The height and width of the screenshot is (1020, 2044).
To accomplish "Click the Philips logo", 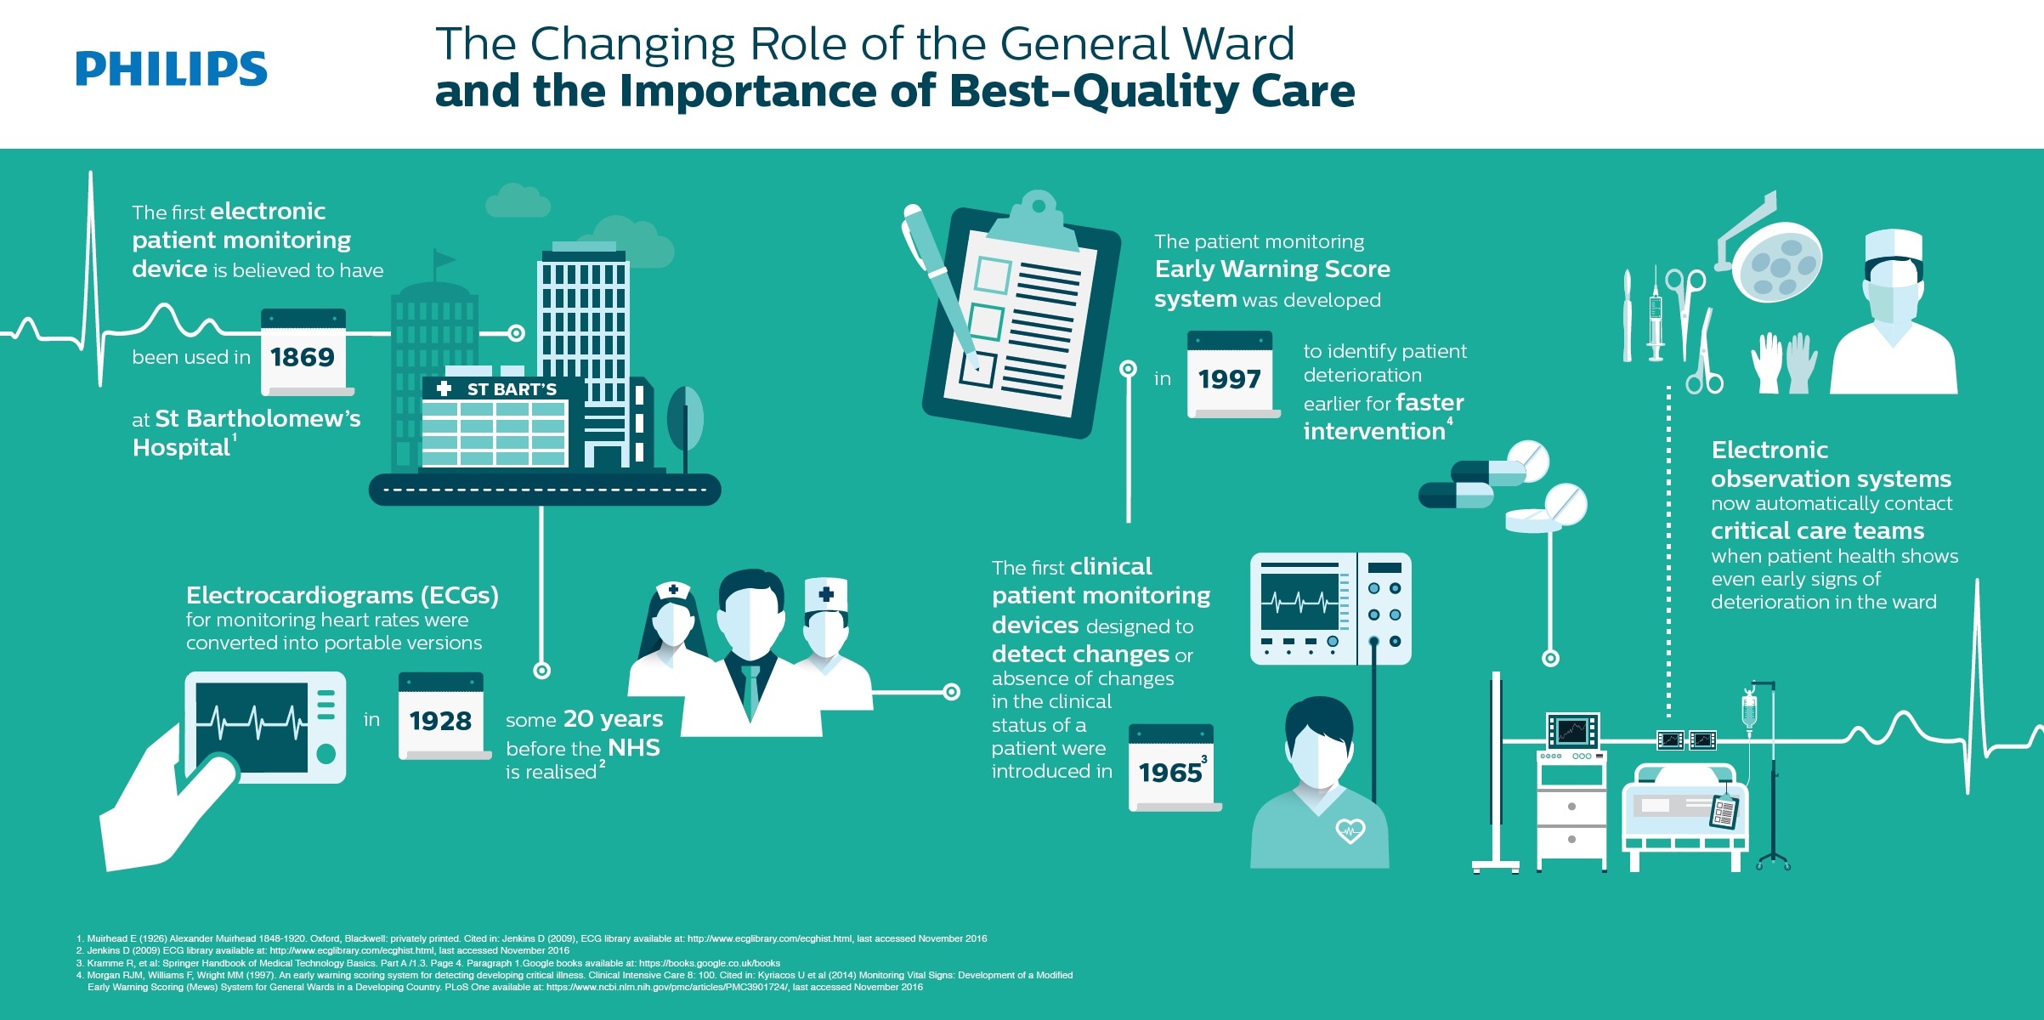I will (x=171, y=68).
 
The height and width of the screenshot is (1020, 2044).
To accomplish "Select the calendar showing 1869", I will (x=303, y=353).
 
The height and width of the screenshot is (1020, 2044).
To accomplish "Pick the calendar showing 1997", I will (x=1230, y=375).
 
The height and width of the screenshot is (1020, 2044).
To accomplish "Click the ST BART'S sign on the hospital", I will (x=502, y=389).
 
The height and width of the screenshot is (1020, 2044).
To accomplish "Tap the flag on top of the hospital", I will (x=443, y=258).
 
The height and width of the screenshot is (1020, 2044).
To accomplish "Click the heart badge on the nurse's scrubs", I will (x=1350, y=830).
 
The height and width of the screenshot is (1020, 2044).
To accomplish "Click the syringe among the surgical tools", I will (x=1655, y=314).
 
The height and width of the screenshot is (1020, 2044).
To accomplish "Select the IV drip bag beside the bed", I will (x=1748, y=710).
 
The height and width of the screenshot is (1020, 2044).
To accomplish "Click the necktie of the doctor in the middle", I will (x=750, y=689).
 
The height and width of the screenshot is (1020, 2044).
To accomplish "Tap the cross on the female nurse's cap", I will (x=673, y=589).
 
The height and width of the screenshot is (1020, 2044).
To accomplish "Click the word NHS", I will (x=634, y=748).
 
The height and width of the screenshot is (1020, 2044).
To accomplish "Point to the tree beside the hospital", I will (x=685, y=421).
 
